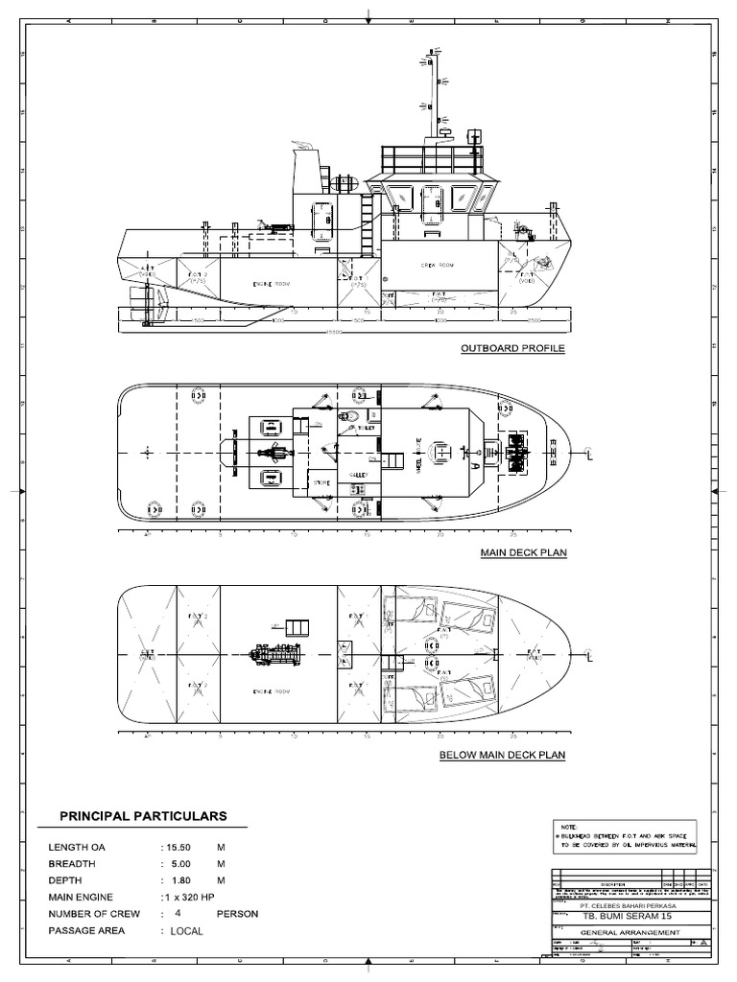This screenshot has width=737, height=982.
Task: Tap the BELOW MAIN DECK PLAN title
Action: tap(502, 755)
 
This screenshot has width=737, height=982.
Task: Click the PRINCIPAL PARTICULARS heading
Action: tap(143, 816)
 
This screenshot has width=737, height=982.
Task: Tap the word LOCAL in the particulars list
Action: tap(187, 931)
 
